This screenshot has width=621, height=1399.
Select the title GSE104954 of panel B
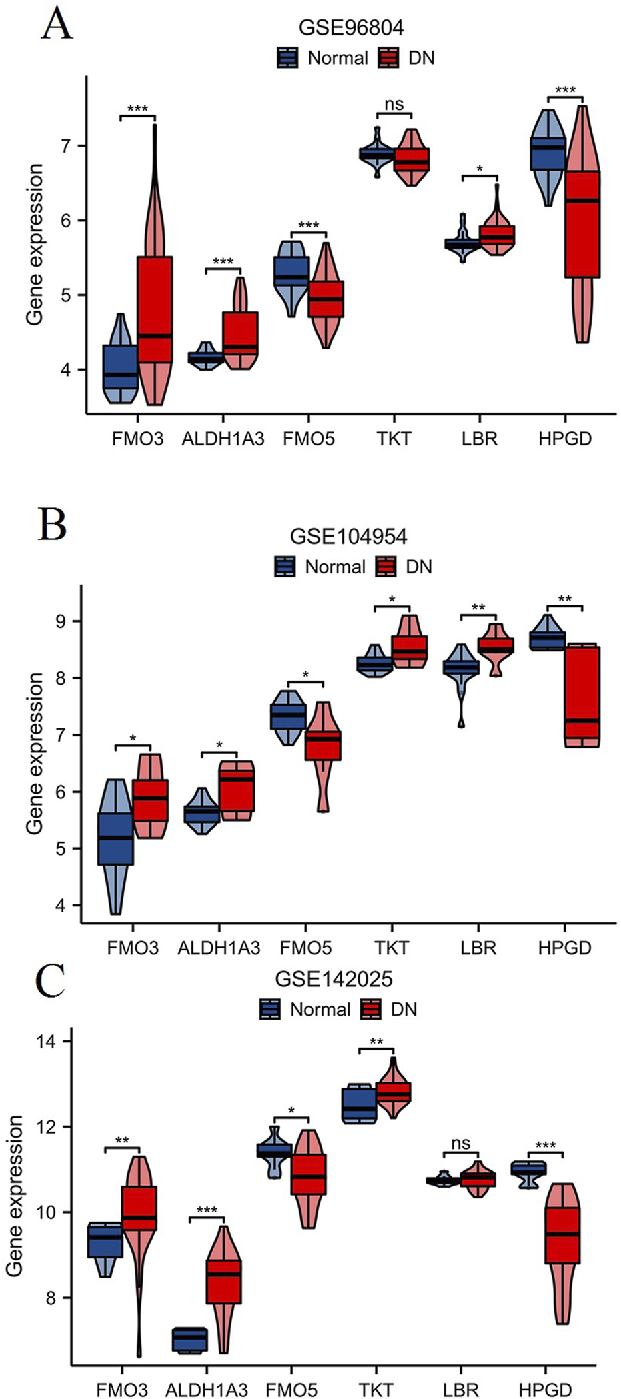coord(348,536)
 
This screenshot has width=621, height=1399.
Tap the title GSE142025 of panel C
coord(334,979)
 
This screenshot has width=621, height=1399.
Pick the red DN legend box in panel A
coord(388,58)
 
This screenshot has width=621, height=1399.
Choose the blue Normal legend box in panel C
coord(271,1009)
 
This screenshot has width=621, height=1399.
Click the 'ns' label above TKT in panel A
coord(394,103)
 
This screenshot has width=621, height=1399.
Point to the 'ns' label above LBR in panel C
coord(460,1143)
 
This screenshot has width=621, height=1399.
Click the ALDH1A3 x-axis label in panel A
coord(223,439)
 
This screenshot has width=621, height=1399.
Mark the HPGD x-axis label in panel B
coord(564,948)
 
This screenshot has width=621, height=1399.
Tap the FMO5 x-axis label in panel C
coord(291,1390)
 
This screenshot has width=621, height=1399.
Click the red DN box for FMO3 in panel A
coord(155,309)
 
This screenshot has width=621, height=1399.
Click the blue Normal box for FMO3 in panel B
coord(116,838)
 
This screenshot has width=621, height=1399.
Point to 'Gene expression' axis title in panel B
coord(35,753)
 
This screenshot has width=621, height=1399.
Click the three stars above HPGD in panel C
coord(546,1146)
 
